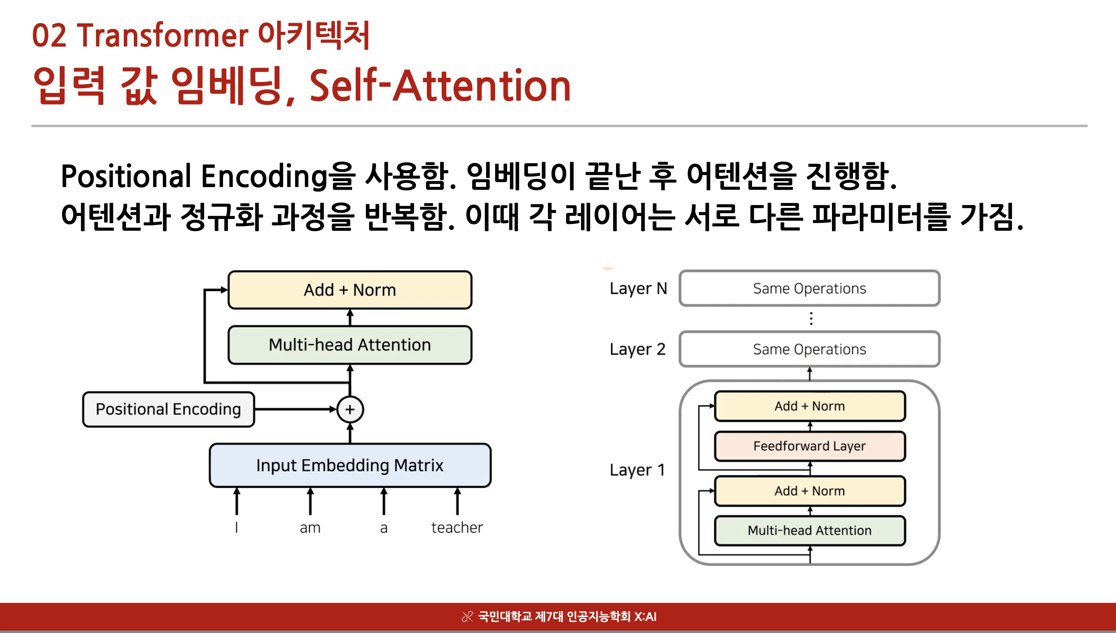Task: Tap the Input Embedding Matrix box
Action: click(350, 465)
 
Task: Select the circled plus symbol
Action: click(350, 409)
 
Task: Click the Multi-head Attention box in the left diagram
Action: click(350, 345)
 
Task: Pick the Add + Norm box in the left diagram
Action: click(350, 290)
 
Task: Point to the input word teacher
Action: click(457, 528)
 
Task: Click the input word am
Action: click(310, 528)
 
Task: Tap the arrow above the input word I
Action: click(236, 501)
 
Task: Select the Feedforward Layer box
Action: click(810, 446)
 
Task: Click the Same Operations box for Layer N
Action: click(810, 288)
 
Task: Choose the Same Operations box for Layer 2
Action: click(810, 349)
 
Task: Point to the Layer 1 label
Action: click(638, 470)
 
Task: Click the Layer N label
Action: click(638, 289)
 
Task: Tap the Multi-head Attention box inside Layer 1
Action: click(810, 531)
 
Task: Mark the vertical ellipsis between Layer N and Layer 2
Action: click(811, 319)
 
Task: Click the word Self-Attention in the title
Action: click(440, 86)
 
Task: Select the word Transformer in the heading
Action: click(162, 36)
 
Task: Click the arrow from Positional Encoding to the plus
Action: click(296, 409)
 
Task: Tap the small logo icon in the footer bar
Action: click(467, 617)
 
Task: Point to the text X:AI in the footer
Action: click(645, 617)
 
